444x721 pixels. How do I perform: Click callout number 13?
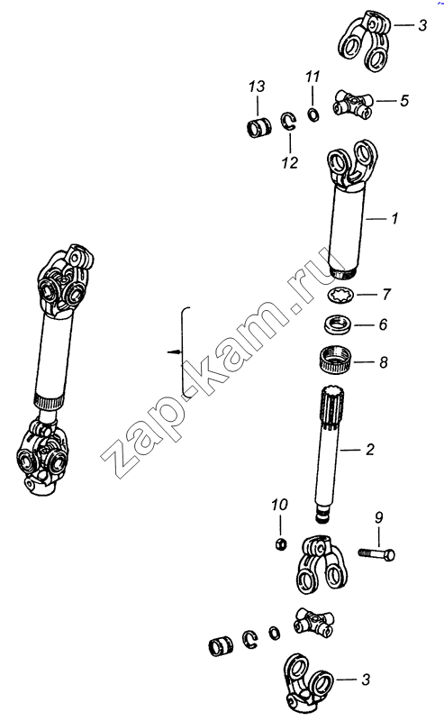(257, 87)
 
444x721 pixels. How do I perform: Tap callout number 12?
(290, 162)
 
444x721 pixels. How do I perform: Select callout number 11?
(313, 77)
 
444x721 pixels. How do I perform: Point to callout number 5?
(404, 100)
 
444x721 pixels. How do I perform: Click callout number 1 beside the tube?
(394, 218)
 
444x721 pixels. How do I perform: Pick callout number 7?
(386, 294)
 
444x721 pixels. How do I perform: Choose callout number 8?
(384, 362)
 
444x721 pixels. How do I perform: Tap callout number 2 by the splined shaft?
(370, 449)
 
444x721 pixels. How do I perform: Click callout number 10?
(279, 505)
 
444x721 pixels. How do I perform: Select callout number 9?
(378, 517)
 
